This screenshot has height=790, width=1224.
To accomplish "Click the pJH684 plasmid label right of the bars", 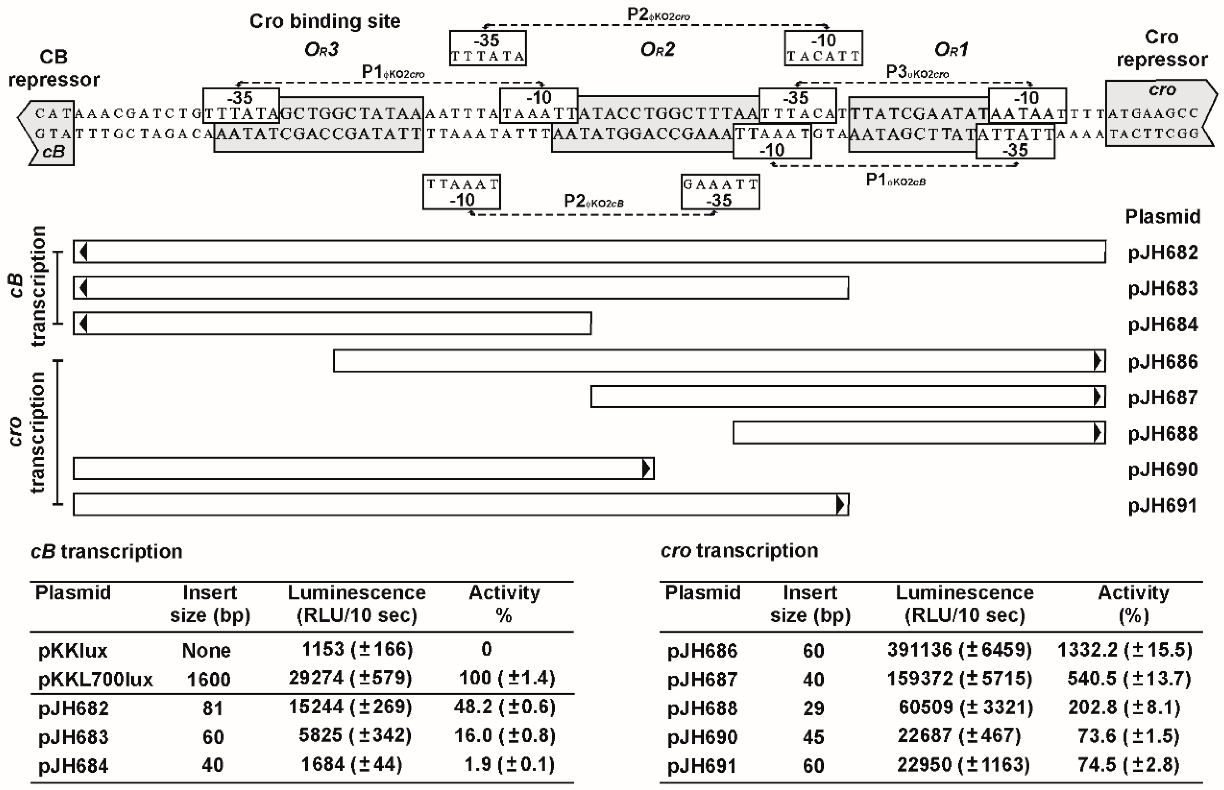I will (x=1162, y=325).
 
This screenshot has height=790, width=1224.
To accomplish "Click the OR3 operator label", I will (x=322, y=50).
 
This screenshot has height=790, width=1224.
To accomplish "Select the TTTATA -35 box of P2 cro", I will (x=488, y=48).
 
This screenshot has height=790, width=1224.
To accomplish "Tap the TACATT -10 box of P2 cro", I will (x=823, y=48).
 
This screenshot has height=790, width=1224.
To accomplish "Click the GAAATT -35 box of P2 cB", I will (x=720, y=192).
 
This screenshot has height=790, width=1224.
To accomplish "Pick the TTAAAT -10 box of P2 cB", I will (x=462, y=192).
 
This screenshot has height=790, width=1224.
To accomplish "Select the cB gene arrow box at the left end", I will (x=49, y=132).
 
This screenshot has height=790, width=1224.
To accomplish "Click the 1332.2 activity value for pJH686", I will (x=1124, y=650).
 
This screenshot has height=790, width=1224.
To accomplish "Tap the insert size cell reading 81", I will (x=212, y=708).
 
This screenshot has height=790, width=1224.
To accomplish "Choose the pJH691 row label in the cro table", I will (x=702, y=766).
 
